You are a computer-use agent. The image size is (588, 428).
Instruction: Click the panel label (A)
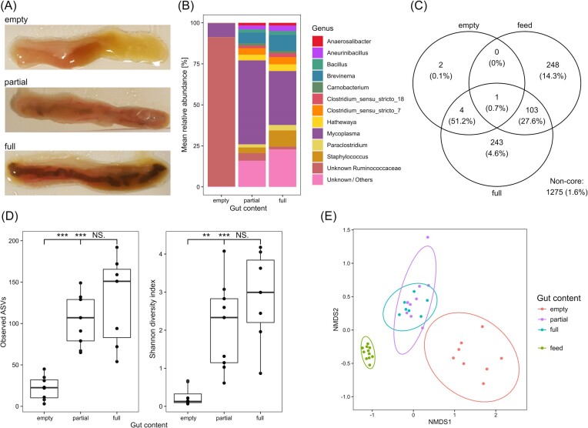pyautogui.click(x=9, y=6)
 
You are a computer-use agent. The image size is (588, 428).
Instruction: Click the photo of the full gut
pyautogui.click(x=88, y=173)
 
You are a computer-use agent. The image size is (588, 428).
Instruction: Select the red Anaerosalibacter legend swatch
pyautogui.click(x=317, y=42)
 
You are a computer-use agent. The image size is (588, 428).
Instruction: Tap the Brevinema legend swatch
pyautogui.click(x=317, y=75)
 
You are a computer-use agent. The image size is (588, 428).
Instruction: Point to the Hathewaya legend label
pyautogui.click(x=341, y=122)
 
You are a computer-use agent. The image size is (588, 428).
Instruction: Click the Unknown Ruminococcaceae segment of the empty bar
pyautogui.click(x=221, y=112)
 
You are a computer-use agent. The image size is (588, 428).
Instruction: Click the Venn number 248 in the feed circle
pyautogui.click(x=553, y=65)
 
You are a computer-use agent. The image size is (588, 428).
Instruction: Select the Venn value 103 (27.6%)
pyautogui.click(x=532, y=115)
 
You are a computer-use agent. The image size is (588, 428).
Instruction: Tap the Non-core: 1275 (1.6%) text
pyautogui.click(x=566, y=186)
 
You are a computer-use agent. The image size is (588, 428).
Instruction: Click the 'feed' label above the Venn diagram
pyautogui.click(x=525, y=25)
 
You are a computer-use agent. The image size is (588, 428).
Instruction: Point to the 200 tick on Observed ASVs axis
pyautogui.click(x=14, y=240)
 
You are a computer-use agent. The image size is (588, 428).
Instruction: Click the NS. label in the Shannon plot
pyautogui.click(x=242, y=236)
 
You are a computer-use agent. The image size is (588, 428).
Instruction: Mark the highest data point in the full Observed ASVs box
pyautogui.click(x=117, y=247)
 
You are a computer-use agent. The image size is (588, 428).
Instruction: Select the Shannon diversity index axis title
pyautogui.click(x=152, y=316)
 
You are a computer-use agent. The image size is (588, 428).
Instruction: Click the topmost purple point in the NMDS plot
pyautogui.click(x=427, y=237)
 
